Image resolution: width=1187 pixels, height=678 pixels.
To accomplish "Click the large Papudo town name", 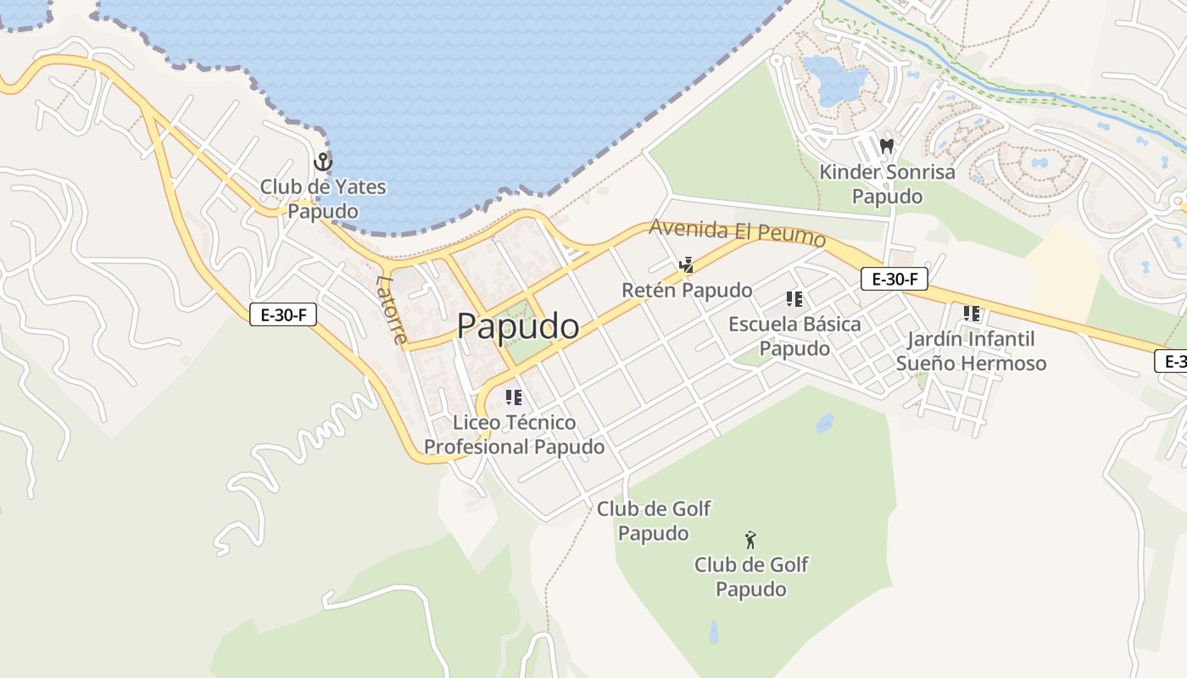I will [518, 326].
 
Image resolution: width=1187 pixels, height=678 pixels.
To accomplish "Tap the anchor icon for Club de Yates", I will [322, 161].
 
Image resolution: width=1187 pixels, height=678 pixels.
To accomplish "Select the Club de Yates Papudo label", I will [322, 198].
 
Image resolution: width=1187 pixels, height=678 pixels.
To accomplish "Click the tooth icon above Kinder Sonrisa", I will [887, 146].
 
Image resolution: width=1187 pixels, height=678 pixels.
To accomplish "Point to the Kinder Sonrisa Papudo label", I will [887, 184].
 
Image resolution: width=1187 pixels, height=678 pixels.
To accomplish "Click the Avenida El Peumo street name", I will [737, 232].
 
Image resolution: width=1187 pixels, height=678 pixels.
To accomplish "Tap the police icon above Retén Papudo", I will [686, 265].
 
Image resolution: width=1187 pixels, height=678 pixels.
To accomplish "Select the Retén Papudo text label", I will [687, 291].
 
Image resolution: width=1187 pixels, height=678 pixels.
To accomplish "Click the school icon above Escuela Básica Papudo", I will [794, 298].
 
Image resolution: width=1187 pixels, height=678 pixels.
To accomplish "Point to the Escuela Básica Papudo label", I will [794, 336].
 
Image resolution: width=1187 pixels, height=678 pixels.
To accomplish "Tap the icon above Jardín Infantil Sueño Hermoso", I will [971, 314].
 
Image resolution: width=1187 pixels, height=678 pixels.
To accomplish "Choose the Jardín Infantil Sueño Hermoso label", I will [971, 351].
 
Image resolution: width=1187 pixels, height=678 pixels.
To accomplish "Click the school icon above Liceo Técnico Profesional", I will [513, 397].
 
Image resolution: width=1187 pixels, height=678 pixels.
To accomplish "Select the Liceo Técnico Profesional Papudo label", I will [515, 434].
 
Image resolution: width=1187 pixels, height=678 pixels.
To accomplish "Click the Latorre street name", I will [392, 309].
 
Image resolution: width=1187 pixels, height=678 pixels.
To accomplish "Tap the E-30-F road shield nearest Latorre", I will [283, 315].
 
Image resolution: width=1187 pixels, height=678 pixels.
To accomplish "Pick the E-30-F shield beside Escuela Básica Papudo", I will [894, 279].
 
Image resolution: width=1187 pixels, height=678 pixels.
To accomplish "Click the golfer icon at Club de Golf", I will [750, 539].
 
